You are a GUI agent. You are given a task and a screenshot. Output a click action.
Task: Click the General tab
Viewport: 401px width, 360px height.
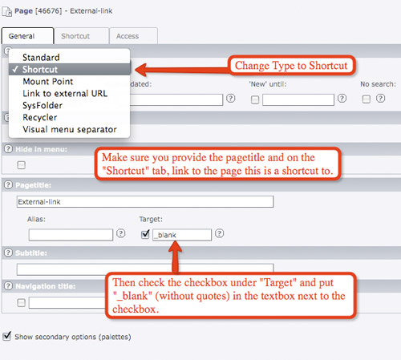click(27, 36)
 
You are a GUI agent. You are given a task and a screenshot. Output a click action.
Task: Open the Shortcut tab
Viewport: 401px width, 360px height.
click(81, 36)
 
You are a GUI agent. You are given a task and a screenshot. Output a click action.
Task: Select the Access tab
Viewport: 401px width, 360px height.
click(133, 36)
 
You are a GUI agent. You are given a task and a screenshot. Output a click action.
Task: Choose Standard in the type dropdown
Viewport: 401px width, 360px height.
click(41, 58)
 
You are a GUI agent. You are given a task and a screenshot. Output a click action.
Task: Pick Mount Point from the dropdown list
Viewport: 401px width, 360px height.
click(48, 81)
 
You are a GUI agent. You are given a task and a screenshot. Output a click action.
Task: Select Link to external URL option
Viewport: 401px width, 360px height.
click(65, 93)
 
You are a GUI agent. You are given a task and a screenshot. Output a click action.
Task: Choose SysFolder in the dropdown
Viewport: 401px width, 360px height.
click(43, 105)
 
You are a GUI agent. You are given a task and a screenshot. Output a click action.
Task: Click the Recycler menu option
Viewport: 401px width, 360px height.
click(40, 117)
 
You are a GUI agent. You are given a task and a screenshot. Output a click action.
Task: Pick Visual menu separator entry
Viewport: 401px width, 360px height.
click(70, 129)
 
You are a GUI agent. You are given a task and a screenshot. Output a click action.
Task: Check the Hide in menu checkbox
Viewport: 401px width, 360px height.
click(22, 165)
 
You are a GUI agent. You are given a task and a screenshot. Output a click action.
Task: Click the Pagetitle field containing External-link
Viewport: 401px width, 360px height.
click(145, 201)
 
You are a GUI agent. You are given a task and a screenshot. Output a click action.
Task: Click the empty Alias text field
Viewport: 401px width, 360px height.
click(71, 235)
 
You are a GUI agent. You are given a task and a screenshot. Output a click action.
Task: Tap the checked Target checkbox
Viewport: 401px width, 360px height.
click(145, 234)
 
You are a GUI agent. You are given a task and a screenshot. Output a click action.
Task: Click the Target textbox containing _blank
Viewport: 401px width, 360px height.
click(182, 235)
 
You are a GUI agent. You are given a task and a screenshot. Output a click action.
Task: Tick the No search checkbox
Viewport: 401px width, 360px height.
click(367, 99)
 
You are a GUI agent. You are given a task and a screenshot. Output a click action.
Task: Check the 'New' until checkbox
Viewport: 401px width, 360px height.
click(255, 99)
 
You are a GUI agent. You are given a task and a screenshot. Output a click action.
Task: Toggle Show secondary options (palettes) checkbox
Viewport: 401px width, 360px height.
click(7, 336)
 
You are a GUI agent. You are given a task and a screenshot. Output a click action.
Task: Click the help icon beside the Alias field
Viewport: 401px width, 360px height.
click(121, 233)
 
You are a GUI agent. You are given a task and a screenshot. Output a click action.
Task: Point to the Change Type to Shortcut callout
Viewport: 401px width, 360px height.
click(291, 66)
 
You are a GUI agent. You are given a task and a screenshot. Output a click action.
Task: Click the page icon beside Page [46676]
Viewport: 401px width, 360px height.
click(7, 11)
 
